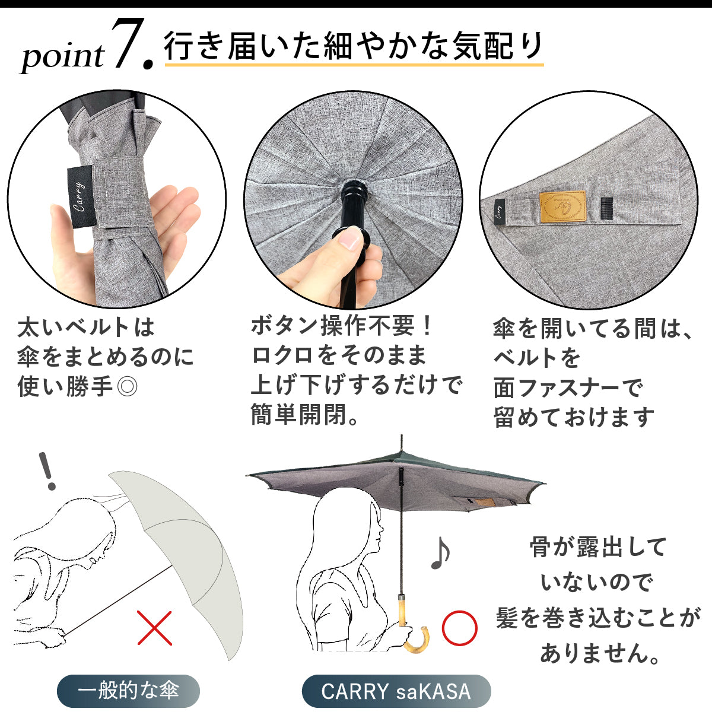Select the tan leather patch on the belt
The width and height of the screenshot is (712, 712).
[x=562, y=207]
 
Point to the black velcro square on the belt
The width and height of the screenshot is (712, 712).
[x=606, y=209]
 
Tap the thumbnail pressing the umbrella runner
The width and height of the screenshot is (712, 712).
[x=348, y=240]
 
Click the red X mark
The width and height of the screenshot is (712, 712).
[x=154, y=628]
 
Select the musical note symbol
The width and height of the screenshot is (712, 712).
[x=440, y=552]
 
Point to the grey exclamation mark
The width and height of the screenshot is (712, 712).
[x=47, y=472]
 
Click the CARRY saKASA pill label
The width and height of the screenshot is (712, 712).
[x=396, y=691]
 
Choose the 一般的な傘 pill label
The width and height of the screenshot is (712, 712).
[x=128, y=691]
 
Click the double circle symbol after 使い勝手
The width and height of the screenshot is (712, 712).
[x=127, y=387]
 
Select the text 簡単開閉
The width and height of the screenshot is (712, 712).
[x=299, y=415]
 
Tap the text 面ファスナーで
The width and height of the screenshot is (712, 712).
[x=568, y=387]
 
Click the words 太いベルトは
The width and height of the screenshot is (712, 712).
[x=85, y=328]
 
